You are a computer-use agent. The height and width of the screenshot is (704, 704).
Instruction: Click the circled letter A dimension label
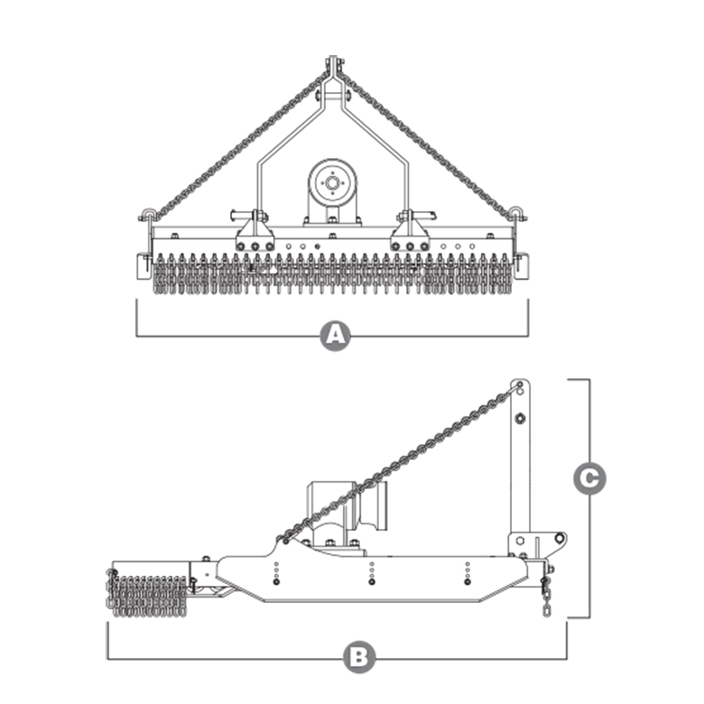[336, 336]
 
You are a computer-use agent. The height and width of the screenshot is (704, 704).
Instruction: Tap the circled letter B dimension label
[359, 658]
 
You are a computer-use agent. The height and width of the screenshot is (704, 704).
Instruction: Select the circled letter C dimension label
[589, 478]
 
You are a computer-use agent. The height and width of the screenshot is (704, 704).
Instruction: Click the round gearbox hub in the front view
[332, 182]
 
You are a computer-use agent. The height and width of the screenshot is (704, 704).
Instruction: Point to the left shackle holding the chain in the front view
[148, 216]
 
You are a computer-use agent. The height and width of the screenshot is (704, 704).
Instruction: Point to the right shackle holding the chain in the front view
[517, 215]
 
